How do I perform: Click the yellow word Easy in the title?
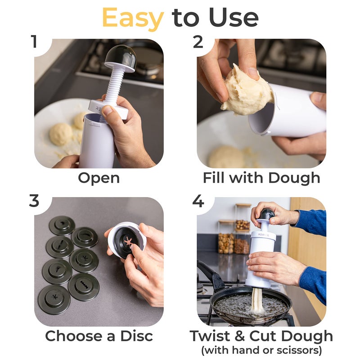pyautogui.click(x=133, y=18)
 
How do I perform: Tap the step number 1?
pyautogui.click(x=35, y=41)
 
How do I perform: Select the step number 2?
pyautogui.click(x=198, y=41)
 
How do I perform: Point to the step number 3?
pyautogui.click(x=35, y=201)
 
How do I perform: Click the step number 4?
pyautogui.click(x=198, y=201)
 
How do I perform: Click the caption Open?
pyautogui.click(x=99, y=177)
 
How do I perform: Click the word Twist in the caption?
pyautogui.click(x=211, y=336)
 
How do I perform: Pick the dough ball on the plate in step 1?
pyautogui.click(x=61, y=134)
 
